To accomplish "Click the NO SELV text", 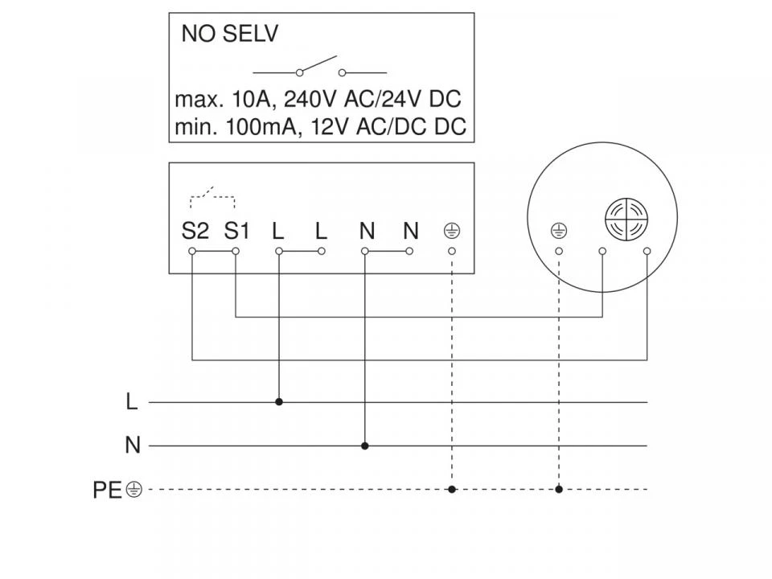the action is [x=229, y=34].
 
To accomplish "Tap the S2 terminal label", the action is [x=195, y=231].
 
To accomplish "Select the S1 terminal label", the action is [x=236, y=231].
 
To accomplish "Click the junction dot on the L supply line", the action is [x=279, y=402].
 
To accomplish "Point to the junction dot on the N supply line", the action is [x=365, y=446].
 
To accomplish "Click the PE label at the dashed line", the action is [x=107, y=490].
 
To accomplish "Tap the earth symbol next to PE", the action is [x=134, y=490].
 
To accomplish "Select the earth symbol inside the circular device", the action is [x=559, y=231].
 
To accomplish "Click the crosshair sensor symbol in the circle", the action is [x=626, y=219].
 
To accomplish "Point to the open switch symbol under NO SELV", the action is [x=319, y=68].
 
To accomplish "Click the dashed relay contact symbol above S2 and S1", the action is [x=212, y=197].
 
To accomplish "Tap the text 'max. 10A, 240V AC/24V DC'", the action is [x=318, y=100].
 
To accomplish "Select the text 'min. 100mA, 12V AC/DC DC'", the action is [x=321, y=127].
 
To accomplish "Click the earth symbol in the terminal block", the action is [x=452, y=231].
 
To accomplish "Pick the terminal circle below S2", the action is [x=192, y=251].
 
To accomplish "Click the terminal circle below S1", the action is [x=236, y=251].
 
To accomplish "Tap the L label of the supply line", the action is [x=131, y=402].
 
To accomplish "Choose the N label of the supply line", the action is [x=133, y=446].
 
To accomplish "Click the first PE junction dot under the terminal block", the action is [x=452, y=490].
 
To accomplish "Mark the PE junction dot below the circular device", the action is [x=559, y=490].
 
